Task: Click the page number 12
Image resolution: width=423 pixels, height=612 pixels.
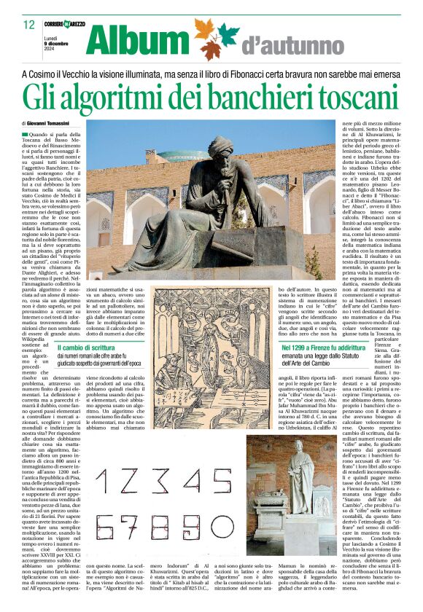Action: [x=29, y=25]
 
